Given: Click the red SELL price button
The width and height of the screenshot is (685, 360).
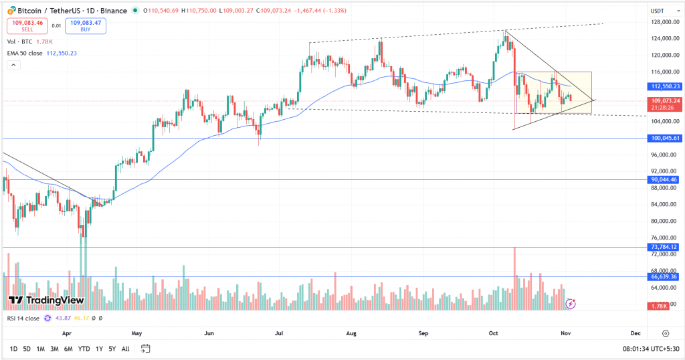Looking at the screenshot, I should pyautogui.click(x=27, y=26).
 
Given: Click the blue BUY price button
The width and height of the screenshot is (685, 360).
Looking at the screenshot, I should pyautogui.click(x=86, y=26).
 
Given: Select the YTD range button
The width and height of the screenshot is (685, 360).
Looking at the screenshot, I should pyautogui.click(x=84, y=349).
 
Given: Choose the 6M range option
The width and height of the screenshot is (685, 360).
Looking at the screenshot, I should pyautogui.click(x=69, y=349).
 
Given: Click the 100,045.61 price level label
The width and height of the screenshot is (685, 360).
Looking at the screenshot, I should pyautogui.click(x=664, y=138).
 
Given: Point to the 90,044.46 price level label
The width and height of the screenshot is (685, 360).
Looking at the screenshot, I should pyautogui.click(x=664, y=180).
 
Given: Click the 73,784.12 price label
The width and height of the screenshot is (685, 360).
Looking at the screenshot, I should pyautogui.click(x=664, y=247).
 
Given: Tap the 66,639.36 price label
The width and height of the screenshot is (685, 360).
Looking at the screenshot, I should pyautogui.click(x=664, y=276).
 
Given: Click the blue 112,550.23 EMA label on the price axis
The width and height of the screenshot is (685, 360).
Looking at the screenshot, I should pyautogui.click(x=664, y=86).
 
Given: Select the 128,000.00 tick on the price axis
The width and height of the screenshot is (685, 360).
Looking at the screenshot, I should pyautogui.click(x=664, y=22).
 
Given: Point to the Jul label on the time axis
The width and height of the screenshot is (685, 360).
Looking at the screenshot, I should pyautogui.click(x=278, y=333).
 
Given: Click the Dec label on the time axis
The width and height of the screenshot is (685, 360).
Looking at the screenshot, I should pyautogui.click(x=635, y=333).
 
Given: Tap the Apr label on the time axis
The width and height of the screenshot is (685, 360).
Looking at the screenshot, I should pyautogui.click(x=66, y=333).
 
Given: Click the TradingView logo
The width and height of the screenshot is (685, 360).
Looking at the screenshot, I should pyautogui.click(x=46, y=300).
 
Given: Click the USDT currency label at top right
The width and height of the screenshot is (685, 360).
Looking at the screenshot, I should pyautogui.click(x=658, y=11).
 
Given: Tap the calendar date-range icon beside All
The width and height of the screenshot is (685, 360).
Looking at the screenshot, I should pyautogui.click(x=145, y=349).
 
